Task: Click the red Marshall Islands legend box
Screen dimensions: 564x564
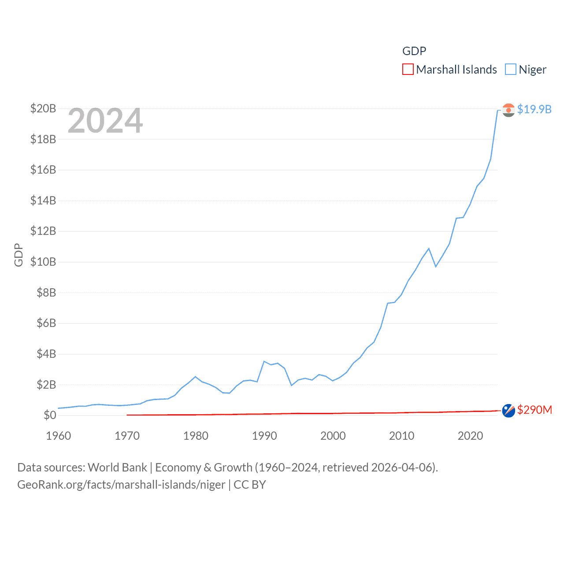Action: tap(408, 70)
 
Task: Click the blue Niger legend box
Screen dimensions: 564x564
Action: tap(510, 70)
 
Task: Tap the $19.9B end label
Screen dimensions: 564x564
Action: tap(534, 109)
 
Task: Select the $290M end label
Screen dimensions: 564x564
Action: tap(534, 410)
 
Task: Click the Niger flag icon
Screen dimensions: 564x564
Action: tap(508, 110)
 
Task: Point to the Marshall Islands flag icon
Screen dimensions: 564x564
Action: tap(508, 410)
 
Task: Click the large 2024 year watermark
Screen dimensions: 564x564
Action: tap(105, 121)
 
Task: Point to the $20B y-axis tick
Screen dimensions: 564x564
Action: tap(43, 108)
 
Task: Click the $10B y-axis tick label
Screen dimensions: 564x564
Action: tap(43, 262)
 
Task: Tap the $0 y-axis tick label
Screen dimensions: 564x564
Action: tap(50, 415)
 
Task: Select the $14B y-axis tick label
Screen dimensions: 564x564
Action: tap(43, 200)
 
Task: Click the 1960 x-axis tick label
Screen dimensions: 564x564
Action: tap(59, 436)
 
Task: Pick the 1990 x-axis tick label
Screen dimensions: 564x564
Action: tap(264, 436)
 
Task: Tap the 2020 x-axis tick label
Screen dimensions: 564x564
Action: tap(470, 436)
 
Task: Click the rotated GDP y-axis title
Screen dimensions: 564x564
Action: tap(19, 255)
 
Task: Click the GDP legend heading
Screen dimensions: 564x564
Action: tap(414, 51)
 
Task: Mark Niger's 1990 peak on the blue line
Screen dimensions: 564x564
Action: tap(264, 361)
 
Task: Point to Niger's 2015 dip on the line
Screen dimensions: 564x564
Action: tap(436, 267)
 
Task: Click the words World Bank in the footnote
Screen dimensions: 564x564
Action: tap(117, 467)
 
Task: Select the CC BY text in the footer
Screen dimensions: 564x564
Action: tap(250, 485)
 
